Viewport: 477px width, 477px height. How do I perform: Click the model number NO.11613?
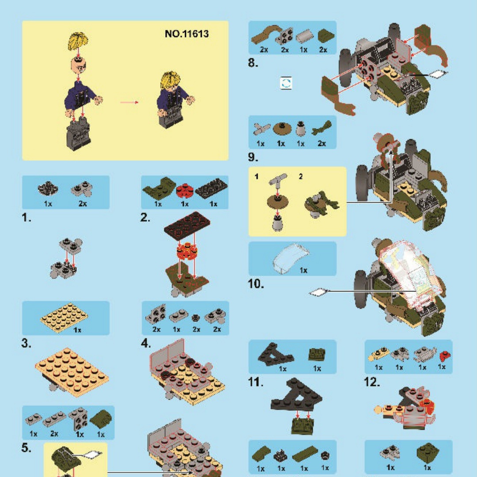click(186, 34)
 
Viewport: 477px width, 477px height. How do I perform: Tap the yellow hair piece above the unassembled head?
click(78, 41)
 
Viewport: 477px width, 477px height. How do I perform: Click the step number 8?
click(253, 63)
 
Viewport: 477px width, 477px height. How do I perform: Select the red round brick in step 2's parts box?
click(185, 190)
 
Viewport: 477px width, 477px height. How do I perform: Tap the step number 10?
click(256, 284)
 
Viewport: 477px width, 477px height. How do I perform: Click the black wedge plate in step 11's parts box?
click(275, 353)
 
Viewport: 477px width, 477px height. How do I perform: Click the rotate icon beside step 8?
click(286, 83)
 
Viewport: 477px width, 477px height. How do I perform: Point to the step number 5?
click(26, 447)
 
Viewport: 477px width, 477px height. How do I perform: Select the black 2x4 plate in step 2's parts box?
click(211, 187)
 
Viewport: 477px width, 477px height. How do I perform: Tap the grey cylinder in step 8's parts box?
click(304, 37)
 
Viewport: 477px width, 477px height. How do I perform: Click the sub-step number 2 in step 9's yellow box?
click(301, 176)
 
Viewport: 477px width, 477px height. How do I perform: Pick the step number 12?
click(372, 382)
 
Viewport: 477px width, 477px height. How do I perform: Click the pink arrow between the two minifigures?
click(129, 102)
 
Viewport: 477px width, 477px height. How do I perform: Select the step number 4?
click(146, 344)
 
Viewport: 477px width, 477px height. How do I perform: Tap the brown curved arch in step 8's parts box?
click(266, 34)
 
